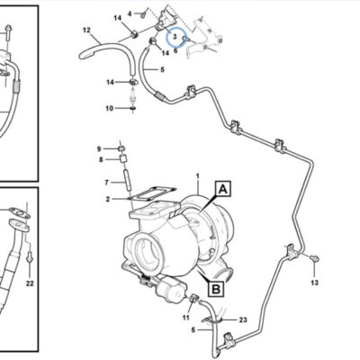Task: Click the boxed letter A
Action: click(x=223, y=188)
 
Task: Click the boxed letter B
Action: click(x=216, y=289)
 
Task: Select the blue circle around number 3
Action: click(x=176, y=37)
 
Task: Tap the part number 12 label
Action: click(x=86, y=30)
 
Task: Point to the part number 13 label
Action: click(x=314, y=283)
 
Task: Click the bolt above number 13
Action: click(x=314, y=258)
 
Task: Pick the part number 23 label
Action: click(x=243, y=319)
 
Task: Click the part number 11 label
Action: click(x=186, y=318)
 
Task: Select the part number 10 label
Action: click(x=109, y=108)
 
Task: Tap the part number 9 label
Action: click(x=99, y=148)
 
